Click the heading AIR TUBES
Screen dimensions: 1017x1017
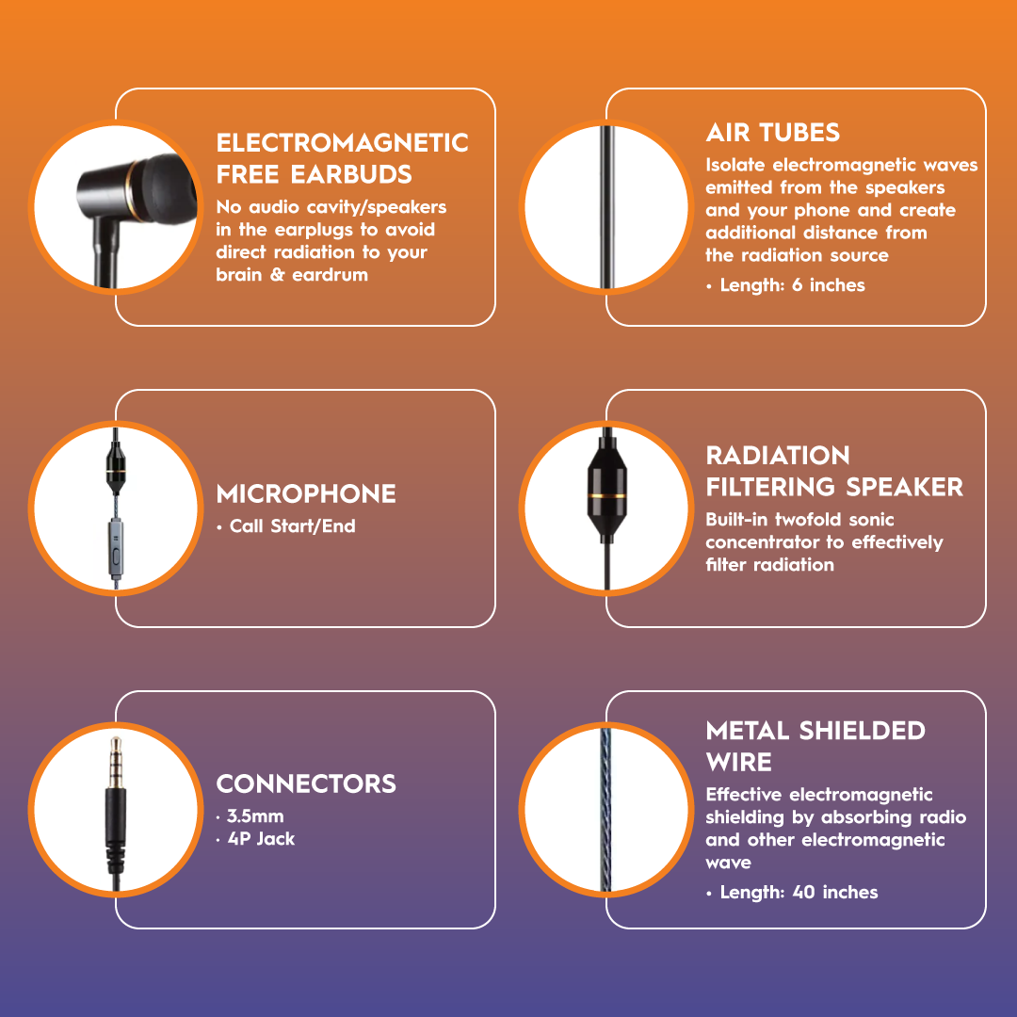[772, 133]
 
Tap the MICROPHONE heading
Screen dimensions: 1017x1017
[306, 494]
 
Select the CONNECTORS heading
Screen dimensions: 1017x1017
[306, 784]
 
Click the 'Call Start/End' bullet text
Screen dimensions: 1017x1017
[292, 526]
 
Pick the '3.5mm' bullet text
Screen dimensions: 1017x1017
[254, 815]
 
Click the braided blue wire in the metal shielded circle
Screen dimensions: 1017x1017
[606, 810]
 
